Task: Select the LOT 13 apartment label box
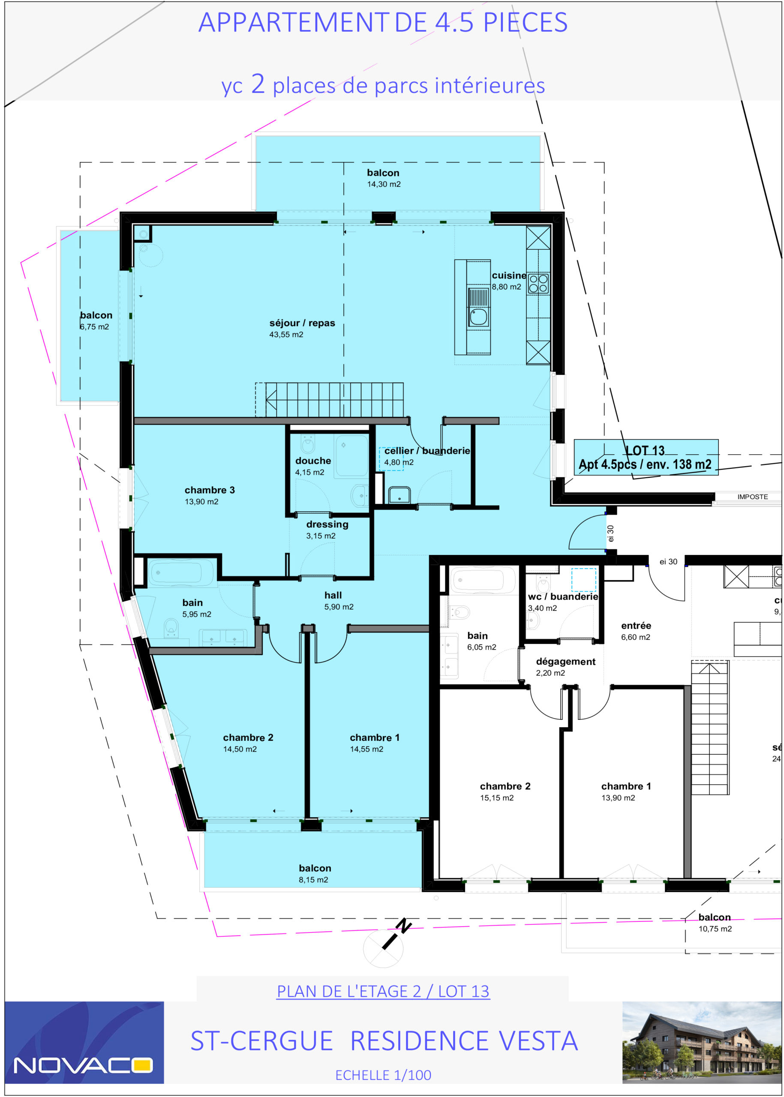pos(646,458)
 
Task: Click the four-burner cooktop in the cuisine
pos(538,283)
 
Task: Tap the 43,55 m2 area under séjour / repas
pos(286,335)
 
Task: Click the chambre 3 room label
pos(210,490)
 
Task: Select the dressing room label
pos(327,525)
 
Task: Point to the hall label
pos(333,595)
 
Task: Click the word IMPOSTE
pos(753,497)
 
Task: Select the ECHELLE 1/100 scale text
pos(383,1075)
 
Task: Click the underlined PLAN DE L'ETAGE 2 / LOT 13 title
pos(383,991)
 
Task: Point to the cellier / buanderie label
pos(427,451)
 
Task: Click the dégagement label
pos(566,662)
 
